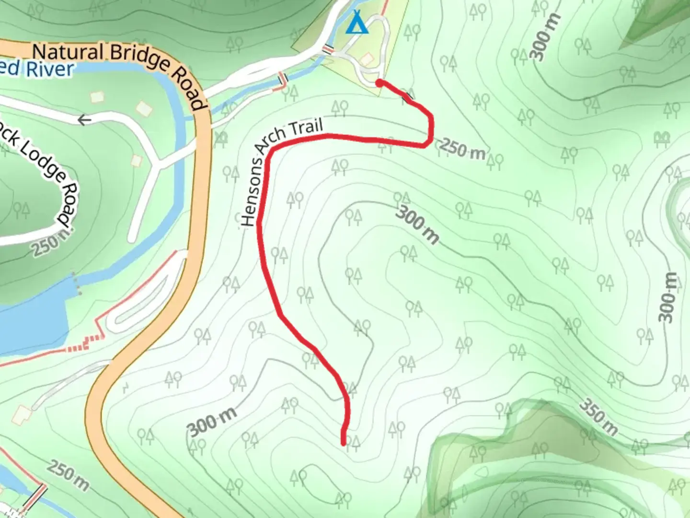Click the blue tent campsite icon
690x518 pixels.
357,23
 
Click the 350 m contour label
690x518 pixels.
598,417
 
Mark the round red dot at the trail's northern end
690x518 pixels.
379,83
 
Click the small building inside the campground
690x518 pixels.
367,59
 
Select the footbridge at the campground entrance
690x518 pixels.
328,49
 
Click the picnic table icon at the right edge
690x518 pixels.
663,140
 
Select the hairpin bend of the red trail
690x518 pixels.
430,132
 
